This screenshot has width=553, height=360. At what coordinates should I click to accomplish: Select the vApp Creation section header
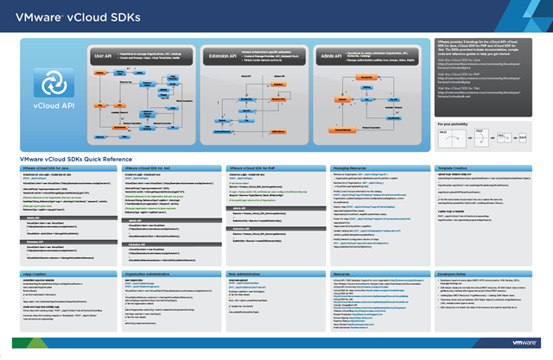click(40, 272)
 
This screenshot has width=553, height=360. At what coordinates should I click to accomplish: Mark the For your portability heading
click(458, 125)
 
